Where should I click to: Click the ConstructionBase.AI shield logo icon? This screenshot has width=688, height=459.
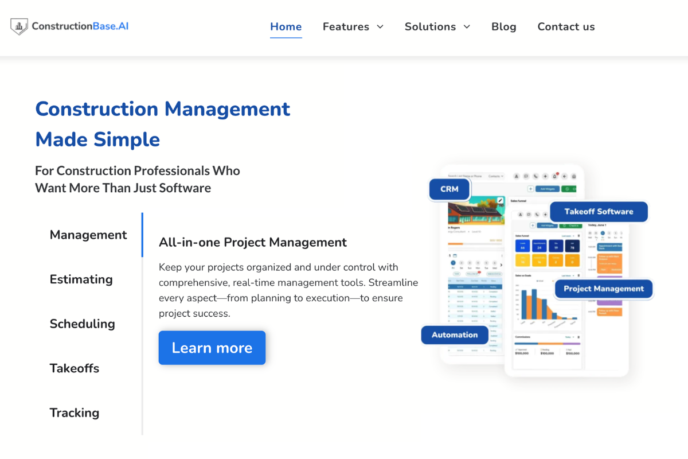coord(19,26)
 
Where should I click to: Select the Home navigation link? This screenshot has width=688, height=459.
coord(286,26)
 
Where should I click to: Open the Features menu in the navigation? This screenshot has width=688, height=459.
coord(346,26)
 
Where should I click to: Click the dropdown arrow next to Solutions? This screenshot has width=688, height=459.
coord(467,27)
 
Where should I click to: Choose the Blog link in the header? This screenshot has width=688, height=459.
coord(504,26)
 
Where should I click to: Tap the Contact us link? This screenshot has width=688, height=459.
coord(566,26)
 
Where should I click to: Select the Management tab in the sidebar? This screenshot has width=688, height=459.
coord(88,235)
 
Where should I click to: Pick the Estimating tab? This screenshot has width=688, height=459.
coord(81,279)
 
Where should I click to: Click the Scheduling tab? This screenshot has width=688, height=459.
coord(82,324)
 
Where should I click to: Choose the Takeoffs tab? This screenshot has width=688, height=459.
coord(75,368)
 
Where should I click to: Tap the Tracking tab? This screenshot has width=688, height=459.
coord(75,413)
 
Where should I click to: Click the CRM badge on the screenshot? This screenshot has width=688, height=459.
coord(449,189)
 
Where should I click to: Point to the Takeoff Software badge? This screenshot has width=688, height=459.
coord(599,212)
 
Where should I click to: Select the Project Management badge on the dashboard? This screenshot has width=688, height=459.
coord(603,289)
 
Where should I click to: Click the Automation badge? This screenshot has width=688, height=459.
coord(454,335)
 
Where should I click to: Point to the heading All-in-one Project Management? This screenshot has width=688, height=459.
coord(253,242)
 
